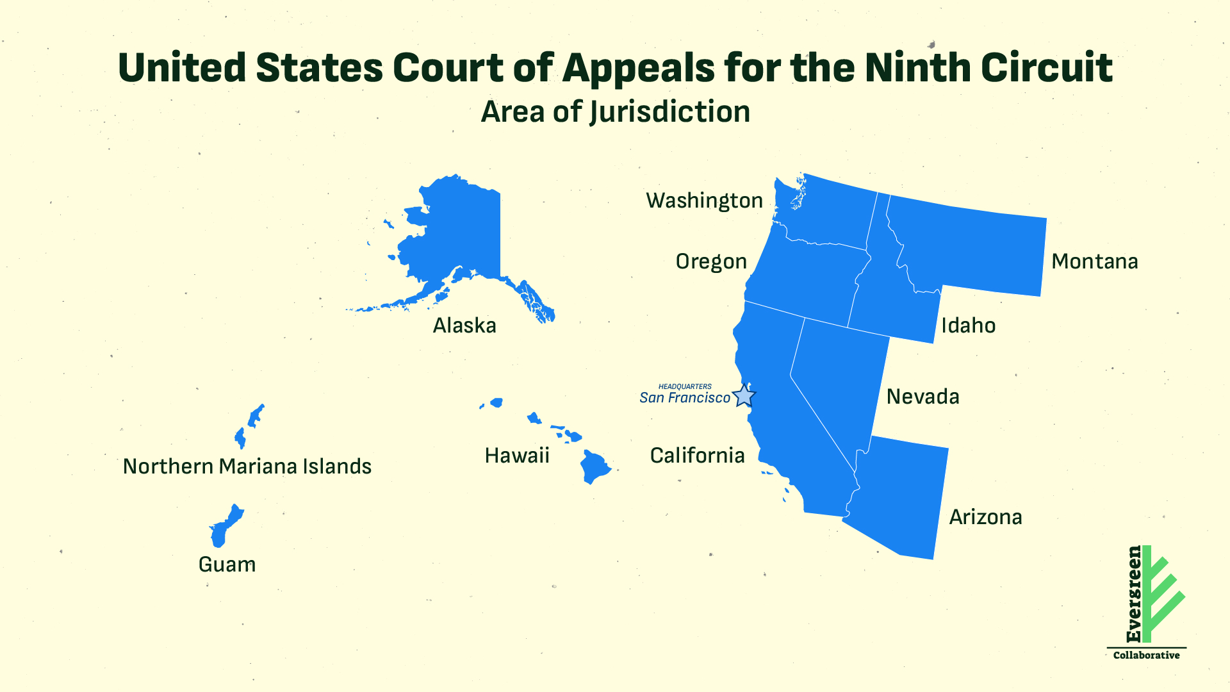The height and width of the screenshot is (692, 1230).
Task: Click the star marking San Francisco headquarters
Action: coord(743,396)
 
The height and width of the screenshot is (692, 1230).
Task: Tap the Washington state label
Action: coord(704,201)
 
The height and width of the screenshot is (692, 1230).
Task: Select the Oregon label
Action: coord(711,261)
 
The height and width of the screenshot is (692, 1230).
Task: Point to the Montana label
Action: coord(1094,261)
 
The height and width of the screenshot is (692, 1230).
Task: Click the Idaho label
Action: coord(968,325)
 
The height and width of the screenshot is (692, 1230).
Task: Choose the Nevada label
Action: coord(922,397)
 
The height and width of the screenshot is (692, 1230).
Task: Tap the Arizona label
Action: coord(985,517)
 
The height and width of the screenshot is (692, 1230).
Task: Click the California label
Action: coord(697,456)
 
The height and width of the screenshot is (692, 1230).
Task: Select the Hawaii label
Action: coord(517,456)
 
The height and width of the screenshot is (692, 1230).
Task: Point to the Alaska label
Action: coord(464,325)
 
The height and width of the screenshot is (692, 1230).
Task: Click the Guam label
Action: coord(227,564)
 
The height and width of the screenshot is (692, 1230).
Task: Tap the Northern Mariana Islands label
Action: coord(247,466)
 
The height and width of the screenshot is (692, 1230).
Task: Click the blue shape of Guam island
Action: coord(224,527)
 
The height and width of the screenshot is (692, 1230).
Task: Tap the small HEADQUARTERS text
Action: coord(685,386)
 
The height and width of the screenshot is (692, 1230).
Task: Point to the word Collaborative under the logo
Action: coord(1146,655)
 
